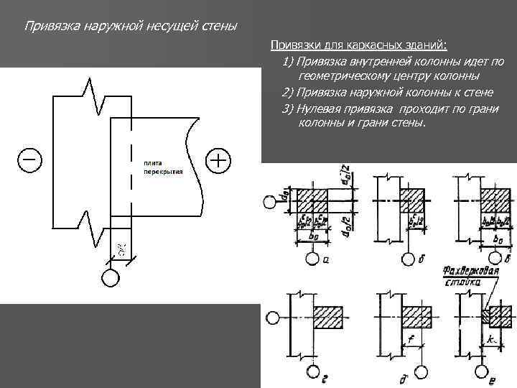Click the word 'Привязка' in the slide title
pos(50,27)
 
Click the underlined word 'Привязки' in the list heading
pos(293,46)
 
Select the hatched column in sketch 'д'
pos(416,315)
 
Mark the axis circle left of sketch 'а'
pos(269,201)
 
